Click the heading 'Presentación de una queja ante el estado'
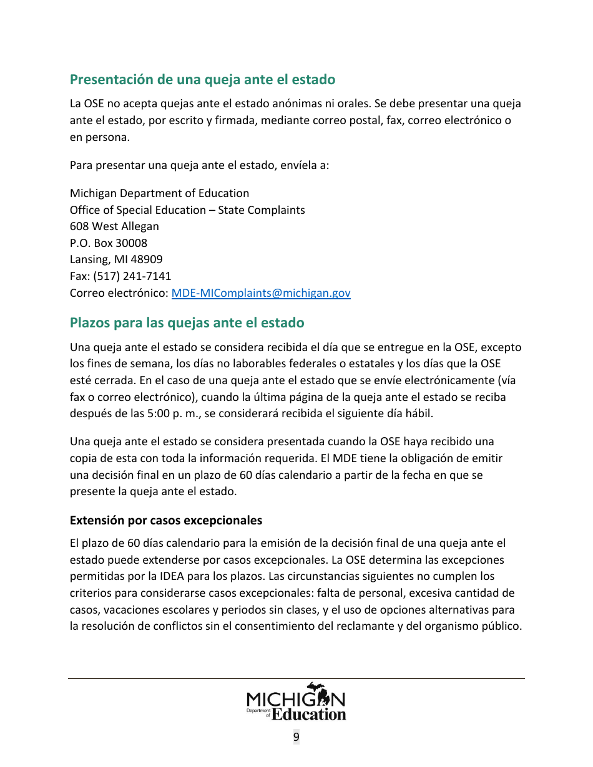(202, 79)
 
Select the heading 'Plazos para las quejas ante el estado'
(187, 322)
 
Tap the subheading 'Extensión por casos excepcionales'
(165, 520)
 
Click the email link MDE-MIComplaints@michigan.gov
(261, 292)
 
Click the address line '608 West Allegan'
(114, 226)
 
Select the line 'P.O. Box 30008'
(109, 243)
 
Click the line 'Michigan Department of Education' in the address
(159, 193)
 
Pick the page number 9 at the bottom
(296, 737)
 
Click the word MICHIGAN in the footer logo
(296, 698)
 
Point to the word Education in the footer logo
(309, 714)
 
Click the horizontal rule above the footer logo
(296, 678)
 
